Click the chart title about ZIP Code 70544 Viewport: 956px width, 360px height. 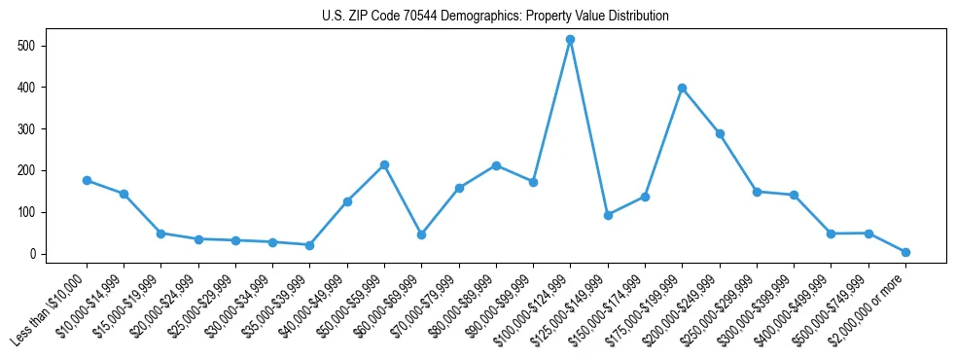pyautogui.click(x=495, y=17)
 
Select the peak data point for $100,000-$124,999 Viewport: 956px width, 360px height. pyautogui.click(x=570, y=39)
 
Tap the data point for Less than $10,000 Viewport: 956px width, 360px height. pyautogui.click(x=87, y=180)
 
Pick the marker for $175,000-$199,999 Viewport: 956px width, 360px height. pyautogui.click(x=682, y=88)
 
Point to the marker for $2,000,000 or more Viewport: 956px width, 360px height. pyautogui.click(x=905, y=252)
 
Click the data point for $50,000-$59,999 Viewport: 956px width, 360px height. pyautogui.click(x=384, y=164)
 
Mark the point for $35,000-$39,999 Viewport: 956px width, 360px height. pyautogui.click(x=309, y=245)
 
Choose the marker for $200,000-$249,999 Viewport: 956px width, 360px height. pyautogui.click(x=720, y=133)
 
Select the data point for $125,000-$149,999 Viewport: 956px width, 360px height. pyautogui.click(x=608, y=215)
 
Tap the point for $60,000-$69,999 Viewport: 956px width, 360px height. pyautogui.click(x=421, y=234)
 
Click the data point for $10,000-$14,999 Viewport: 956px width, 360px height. pyautogui.click(x=124, y=194)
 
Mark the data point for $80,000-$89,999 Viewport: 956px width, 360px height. pyautogui.click(x=496, y=165)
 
